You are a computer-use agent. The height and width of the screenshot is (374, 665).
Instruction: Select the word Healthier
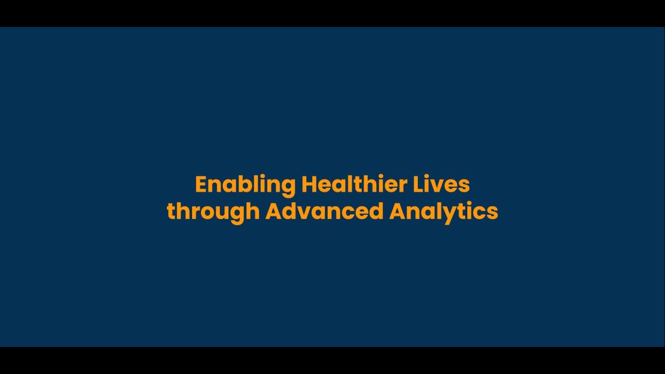pyautogui.click(x=354, y=184)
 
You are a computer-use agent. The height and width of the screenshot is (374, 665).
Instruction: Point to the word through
pyautogui.click(x=212, y=212)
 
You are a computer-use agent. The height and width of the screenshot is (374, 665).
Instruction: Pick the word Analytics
pyautogui.click(x=444, y=212)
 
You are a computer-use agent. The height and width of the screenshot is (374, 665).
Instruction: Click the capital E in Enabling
pyautogui.click(x=201, y=184)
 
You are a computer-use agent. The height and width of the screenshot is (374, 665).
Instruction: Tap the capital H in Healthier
pyautogui.click(x=309, y=184)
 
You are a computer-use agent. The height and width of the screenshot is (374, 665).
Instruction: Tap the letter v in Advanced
pyautogui.click(x=303, y=212)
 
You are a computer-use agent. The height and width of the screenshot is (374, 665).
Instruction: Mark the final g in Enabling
pyautogui.click(x=287, y=187)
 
